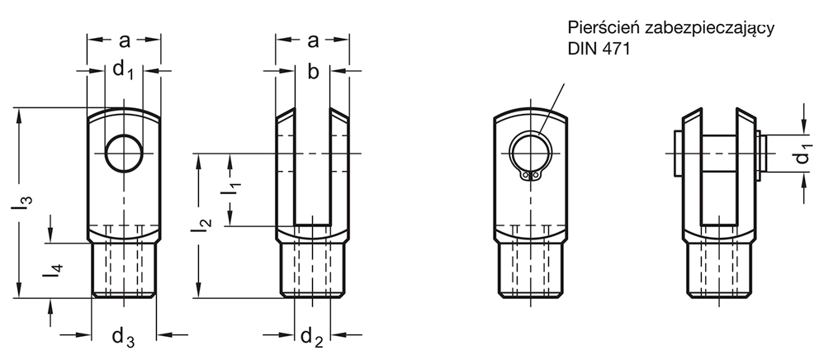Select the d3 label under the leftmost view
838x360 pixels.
point(123,337)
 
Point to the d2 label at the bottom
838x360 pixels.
point(312,337)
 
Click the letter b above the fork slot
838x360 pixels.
point(313,72)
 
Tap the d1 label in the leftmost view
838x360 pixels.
point(123,70)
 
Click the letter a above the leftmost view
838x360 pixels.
point(124,40)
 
